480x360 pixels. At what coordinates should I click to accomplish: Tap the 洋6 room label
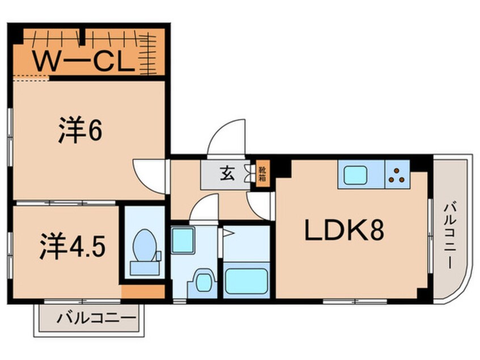pos(79,131)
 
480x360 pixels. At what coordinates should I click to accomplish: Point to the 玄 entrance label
pos(226,173)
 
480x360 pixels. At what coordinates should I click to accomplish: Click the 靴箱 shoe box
pos(263,173)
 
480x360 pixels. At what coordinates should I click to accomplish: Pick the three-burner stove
pos(397,175)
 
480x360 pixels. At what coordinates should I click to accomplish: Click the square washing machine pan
pos(183,240)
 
